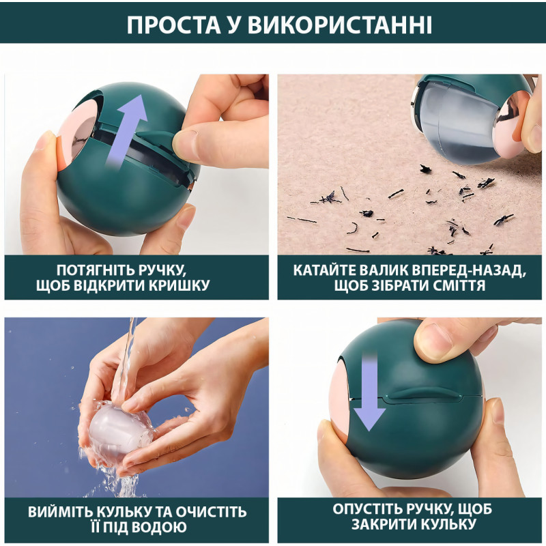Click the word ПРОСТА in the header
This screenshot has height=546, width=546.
[174, 25]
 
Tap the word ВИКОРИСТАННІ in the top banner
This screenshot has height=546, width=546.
[340, 25]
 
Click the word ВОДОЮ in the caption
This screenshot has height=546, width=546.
[160, 527]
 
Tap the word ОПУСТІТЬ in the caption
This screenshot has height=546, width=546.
[366, 509]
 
